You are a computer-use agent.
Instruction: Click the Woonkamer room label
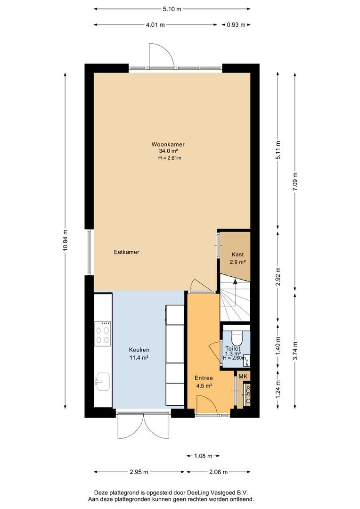tap(168, 145)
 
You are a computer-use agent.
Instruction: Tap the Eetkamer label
tap(127, 252)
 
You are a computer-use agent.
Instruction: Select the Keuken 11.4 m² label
tap(139, 353)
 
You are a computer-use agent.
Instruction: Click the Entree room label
tap(204, 378)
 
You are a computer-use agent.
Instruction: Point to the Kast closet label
tap(237, 254)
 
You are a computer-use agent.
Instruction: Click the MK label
tap(243, 377)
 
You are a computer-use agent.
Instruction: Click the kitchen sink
tap(103, 381)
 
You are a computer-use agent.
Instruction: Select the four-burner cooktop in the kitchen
tap(103, 333)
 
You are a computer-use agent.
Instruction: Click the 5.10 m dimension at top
tap(172, 9)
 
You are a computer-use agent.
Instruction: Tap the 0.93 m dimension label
tap(236, 25)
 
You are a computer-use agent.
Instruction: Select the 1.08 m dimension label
tap(203, 456)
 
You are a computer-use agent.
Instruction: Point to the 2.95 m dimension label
tap(139, 472)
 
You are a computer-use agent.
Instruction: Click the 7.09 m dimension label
tap(295, 182)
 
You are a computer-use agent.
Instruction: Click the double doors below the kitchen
tap(143, 426)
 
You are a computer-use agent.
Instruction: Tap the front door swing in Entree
tap(205, 404)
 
